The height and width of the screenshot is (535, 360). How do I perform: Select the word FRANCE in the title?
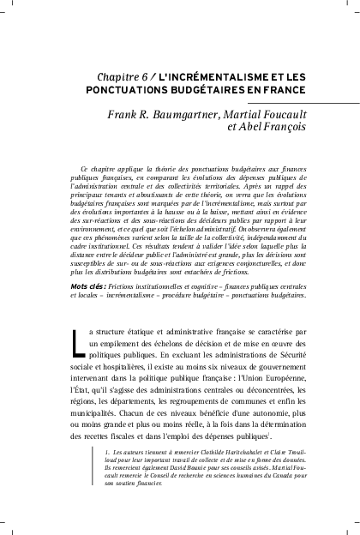[x=281, y=88]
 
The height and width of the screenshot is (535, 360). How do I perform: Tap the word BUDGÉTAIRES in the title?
[x=204, y=88]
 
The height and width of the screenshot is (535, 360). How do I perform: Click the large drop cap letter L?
[x=79, y=316]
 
